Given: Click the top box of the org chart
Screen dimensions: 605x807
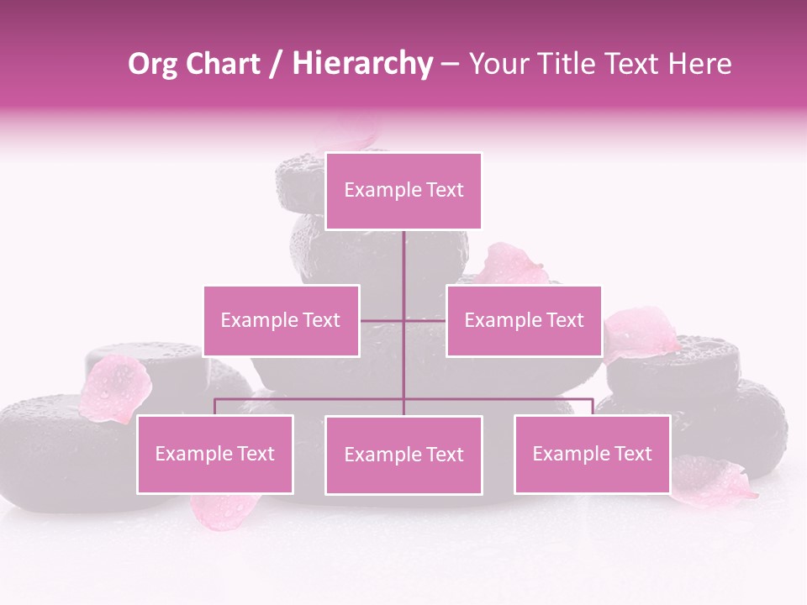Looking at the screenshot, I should tap(403, 191).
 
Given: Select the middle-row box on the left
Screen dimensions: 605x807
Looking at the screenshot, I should tap(281, 320).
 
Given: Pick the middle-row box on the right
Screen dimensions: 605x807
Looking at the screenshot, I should tap(524, 320).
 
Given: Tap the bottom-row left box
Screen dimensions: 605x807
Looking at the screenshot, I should tap(215, 454).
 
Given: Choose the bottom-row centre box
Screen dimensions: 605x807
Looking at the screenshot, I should tap(403, 455).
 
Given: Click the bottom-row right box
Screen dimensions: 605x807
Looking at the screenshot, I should tap(592, 454).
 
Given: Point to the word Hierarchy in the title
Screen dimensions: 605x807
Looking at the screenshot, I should tap(361, 64).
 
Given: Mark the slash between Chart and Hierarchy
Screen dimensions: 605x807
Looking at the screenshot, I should tap(275, 65).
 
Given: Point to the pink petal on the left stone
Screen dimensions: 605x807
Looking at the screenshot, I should tap(115, 387).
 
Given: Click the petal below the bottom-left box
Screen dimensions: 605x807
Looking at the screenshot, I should tap(223, 509).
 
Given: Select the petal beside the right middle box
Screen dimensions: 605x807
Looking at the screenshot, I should tap(641, 331).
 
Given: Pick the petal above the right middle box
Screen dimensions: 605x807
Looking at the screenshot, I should tap(510, 265).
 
